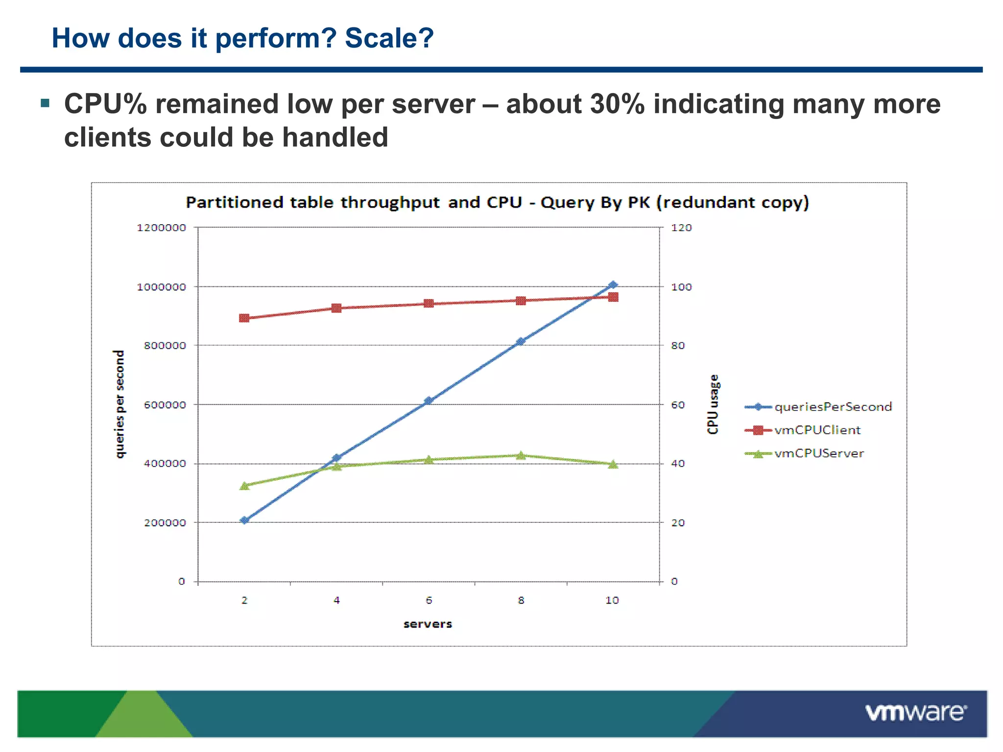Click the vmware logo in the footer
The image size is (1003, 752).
[x=915, y=713]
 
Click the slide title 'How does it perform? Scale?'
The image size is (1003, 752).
[x=242, y=38]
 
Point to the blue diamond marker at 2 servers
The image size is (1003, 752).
[x=244, y=520]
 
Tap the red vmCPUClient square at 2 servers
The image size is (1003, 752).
[x=244, y=318]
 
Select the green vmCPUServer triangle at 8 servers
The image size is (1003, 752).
[x=521, y=455]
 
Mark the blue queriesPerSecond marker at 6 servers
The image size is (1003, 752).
[x=429, y=400]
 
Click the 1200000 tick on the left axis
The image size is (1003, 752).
[x=161, y=228]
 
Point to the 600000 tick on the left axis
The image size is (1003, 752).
[x=165, y=405]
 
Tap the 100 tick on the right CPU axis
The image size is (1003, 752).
[x=681, y=287]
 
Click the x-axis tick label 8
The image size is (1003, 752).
[x=521, y=600]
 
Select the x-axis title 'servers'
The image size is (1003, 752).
[x=428, y=624]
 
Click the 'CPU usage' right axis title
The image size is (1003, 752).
[x=713, y=404]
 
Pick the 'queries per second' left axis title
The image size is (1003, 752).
[x=119, y=404]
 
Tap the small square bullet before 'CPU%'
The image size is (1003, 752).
[x=46, y=103]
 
